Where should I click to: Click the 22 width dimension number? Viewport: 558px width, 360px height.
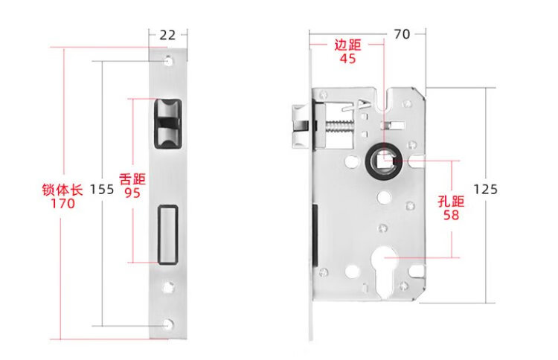pos(167,35)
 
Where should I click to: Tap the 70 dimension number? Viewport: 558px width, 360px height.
pos(402,34)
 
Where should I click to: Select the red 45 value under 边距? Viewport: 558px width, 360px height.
pos(347,58)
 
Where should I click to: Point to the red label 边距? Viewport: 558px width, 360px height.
pos(347,45)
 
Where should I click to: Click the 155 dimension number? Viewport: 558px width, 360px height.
pos(102,189)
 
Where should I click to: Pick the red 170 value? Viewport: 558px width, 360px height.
pos(62,204)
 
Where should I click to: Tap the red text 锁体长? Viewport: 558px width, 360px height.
pos(62,189)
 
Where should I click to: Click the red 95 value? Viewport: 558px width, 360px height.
pos(132,193)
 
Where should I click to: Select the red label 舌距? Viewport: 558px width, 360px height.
pos(132,179)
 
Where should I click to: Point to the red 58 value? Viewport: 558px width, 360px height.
pos(451,215)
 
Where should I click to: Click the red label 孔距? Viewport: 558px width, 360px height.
pos(451,202)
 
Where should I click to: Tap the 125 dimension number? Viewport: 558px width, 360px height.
pos(485,189)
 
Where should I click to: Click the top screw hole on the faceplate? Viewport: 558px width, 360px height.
pos(168,61)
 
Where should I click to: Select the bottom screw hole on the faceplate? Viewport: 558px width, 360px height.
pos(168,324)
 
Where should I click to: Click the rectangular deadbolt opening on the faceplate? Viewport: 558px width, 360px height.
pos(168,235)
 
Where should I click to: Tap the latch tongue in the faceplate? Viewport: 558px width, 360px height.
pos(167,123)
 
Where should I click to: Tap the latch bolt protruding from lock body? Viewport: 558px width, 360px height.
pos(301,126)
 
